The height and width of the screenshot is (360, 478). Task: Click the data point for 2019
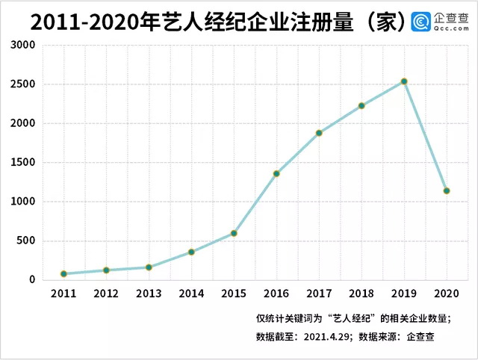[x=404, y=81]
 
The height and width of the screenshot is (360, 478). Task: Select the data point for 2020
[x=447, y=190]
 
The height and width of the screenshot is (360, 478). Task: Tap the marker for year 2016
[x=276, y=173]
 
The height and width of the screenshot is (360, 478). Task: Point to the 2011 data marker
[x=63, y=274]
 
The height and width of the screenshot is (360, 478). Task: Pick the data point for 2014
[x=191, y=252]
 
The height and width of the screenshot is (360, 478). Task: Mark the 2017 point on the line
[x=319, y=133]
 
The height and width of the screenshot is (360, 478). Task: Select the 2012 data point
[x=106, y=270]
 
